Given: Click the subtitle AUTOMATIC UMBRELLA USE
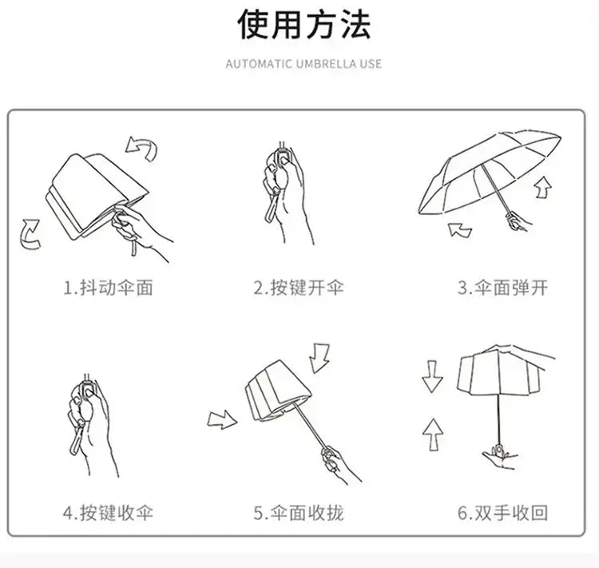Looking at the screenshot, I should [x=303, y=64].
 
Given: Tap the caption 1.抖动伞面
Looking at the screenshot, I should [x=108, y=288].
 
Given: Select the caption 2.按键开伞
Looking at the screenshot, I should [x=299, y=288].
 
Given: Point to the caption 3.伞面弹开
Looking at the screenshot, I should [x=502, y=288].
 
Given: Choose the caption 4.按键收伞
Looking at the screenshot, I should [x=108, y=512].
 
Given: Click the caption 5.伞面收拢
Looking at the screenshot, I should [x=299, y=512].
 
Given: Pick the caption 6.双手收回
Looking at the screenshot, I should [x=502, y=512].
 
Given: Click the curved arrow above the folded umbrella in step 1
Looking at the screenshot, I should [x=142, y=147].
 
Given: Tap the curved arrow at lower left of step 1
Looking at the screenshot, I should [x=30, y=233].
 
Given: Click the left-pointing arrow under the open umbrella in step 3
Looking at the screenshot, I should [x=459, y=230].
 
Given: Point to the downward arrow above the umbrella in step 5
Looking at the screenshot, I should [x=321, y=357].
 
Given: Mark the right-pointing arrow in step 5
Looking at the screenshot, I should [x=222, y=419].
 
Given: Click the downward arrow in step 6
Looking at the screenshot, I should [x=432, y=375].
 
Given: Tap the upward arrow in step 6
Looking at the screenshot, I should [x=432, y=435].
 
